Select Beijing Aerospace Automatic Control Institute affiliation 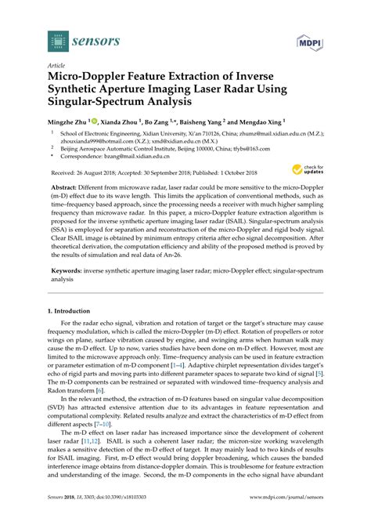click(117, 147)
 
